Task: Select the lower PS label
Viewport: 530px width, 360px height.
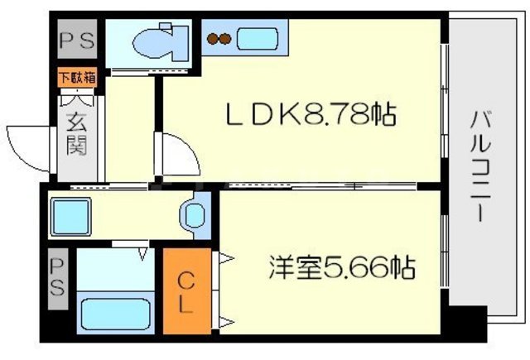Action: (57, 278)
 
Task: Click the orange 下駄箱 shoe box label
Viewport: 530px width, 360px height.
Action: (76, 79)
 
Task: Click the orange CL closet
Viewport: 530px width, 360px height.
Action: (185, 292)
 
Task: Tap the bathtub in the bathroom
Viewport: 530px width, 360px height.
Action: (116, 314)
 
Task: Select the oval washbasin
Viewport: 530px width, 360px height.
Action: (195, 217)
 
